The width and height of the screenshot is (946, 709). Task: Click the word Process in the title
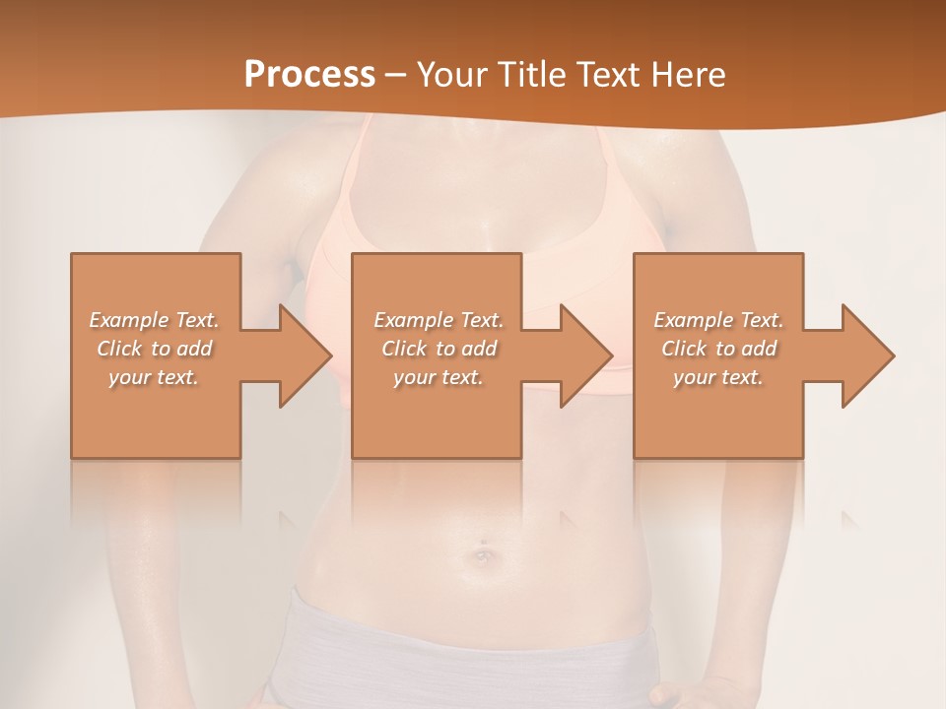coord(309,75)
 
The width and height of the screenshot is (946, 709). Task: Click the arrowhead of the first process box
coord(304,355)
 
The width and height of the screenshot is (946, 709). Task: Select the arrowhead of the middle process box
coord(585,355)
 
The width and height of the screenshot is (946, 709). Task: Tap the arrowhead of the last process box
coord(867,355)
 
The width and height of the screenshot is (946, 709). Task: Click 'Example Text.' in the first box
coord(155,320)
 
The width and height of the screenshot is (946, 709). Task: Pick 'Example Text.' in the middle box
coord(439,320)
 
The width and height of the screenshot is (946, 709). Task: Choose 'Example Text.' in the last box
coord(718,320)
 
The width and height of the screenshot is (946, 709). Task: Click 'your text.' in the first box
coord(154,377)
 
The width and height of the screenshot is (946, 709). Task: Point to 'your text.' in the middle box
coord(438,377)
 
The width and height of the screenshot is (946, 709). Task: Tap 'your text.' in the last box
coord(717,377)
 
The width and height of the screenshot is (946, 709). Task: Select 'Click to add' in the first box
coord(155,349)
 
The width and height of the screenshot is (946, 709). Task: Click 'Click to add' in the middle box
coord(439,349)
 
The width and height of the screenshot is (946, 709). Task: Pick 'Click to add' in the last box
coord(718,349)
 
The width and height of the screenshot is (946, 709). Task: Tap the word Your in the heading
coord(451,75)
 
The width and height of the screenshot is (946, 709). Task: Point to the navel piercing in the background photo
coord(483,554)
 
